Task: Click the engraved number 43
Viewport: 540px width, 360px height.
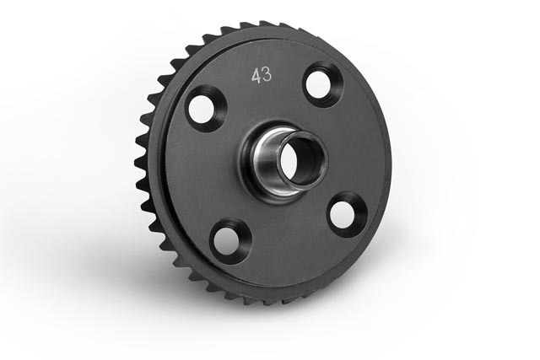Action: click(261, 76)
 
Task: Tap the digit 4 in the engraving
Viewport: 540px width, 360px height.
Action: click(255, 76)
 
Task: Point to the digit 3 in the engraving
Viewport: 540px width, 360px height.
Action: click(267, 76)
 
